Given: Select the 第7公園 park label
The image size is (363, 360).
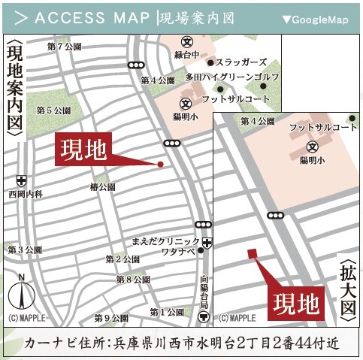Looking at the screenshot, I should tap(64, 47).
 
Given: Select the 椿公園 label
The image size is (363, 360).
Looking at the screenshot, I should tap(102, 186).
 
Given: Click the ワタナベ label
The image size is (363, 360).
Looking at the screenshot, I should tap(178, 253).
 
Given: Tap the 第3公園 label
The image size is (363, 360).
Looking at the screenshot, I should tap(24, 249).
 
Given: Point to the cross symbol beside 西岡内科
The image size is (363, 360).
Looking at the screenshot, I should tap(21, 180).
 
